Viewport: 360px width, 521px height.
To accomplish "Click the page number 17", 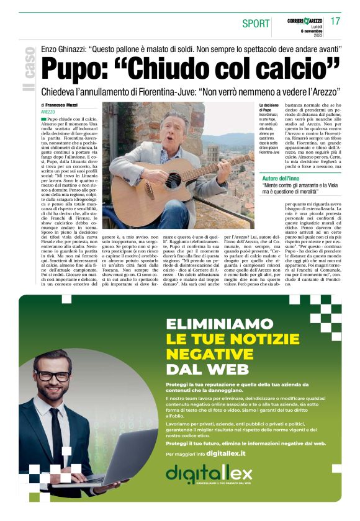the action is pos(335,21).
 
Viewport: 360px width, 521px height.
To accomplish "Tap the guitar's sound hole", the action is pos(173,179).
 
